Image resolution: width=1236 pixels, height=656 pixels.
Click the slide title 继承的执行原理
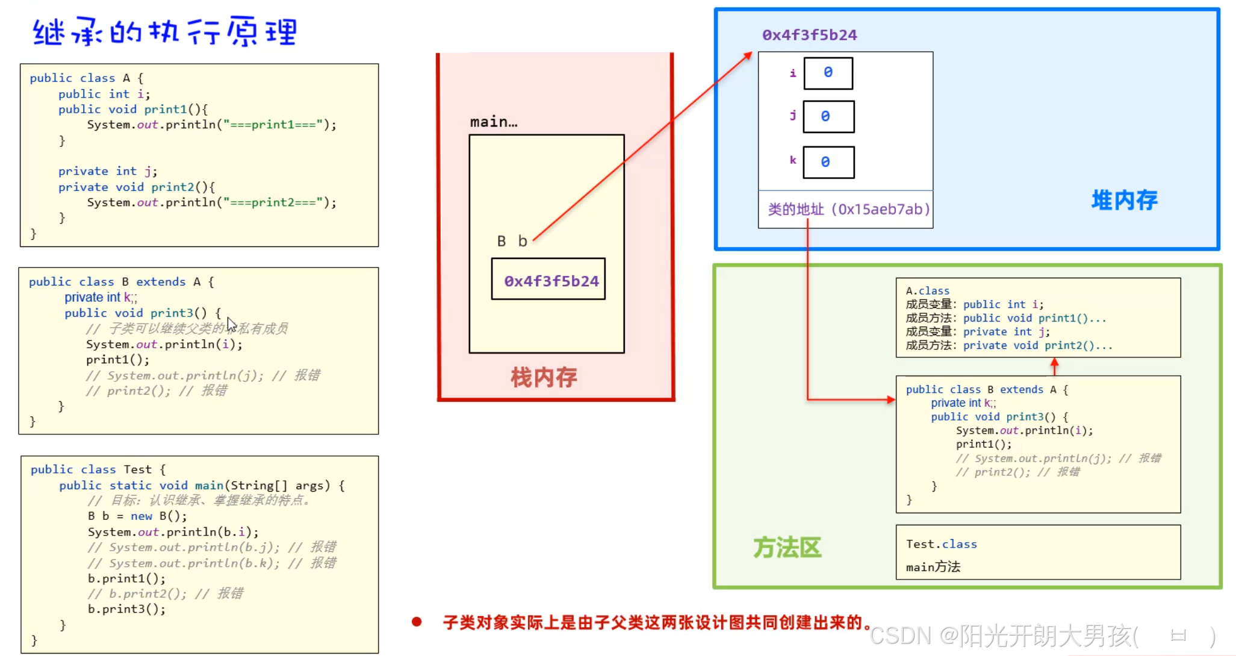coord(164,32)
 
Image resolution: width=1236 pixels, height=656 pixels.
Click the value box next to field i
coord(828,73)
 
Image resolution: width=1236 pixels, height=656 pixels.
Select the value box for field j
coord(828,116)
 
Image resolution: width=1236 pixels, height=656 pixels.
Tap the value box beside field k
coord(828,162)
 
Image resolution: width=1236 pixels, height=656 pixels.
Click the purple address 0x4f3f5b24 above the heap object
coord(809,35)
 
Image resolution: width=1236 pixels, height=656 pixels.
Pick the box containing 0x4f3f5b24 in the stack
coord(548,280)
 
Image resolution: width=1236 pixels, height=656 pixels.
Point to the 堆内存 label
coord(1124,200)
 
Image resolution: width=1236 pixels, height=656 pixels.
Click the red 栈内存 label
coord(544,378)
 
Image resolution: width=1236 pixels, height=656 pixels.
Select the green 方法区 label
coord(787,548)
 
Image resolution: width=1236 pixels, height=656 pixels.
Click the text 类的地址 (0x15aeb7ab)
coord(848,209)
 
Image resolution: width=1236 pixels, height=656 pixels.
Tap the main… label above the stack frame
coord(493,122)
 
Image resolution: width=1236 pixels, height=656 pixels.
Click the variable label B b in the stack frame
coord(512,242)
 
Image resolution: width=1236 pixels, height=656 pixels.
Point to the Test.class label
coord(941,544)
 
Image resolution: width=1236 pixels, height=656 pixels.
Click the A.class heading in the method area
coord(927,291)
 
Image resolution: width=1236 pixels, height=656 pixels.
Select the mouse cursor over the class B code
coord(231,324)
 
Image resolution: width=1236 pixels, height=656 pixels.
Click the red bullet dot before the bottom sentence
coord(417,622)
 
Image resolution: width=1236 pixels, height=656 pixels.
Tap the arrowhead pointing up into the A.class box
coord(1054,363)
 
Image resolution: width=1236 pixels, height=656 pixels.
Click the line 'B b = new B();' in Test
coord(137,516)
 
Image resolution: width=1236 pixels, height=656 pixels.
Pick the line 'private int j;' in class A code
coord(107,171)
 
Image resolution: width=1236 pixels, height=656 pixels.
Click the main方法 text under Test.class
coord(933,567)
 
